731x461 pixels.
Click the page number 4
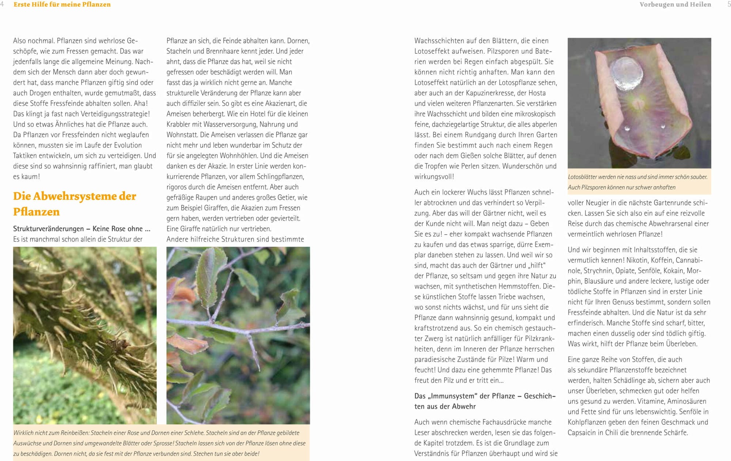pyautogui.click(x=2, y=4)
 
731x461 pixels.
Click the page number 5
pyautogui.click(x=729, y=4)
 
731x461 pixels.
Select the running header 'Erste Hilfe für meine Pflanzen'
pyautogui.click(x=62, y=4)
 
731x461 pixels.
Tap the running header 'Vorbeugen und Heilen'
pyautogui.click(x=675, y=4)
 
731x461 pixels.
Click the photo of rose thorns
pyautogui.click(x=85, y=335)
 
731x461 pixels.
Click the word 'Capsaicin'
pyautogui.click(x=582, y=432)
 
